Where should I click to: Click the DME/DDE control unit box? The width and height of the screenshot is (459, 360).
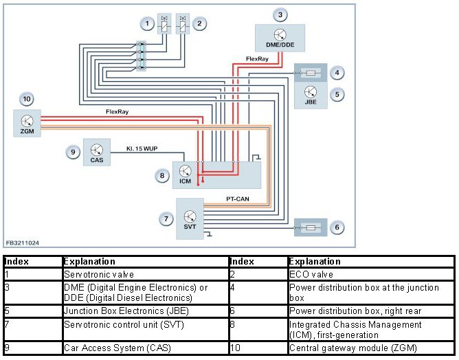tap(280, 38)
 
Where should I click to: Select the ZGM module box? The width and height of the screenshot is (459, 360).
tap(27, 123)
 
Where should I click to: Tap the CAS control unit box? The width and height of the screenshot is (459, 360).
tap(97, 153)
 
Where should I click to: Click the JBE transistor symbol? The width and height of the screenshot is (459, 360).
tap(311, 92)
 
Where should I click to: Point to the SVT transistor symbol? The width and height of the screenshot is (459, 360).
tap(190, 216)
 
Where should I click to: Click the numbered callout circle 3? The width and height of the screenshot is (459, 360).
tap(280, 14)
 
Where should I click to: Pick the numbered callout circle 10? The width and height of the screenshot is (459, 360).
tap(27, 99)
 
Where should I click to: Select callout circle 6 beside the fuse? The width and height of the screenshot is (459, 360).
tap(337, 227)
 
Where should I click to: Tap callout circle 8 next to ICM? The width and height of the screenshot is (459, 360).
tap(162, 176)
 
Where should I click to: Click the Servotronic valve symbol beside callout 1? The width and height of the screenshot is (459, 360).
tap(164, 24)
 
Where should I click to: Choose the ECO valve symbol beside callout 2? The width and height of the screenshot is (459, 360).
tap(183, 24)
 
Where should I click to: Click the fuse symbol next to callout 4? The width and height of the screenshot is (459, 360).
tap(311, 73)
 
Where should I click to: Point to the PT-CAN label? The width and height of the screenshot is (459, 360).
tap(238, 199)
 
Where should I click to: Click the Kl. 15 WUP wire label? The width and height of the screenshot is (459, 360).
tap(142, 148)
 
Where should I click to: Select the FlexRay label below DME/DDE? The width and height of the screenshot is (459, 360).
tap(257, 59)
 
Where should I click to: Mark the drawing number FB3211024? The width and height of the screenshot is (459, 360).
tap(22, 243)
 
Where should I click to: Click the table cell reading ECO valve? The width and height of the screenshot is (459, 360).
tap(371, 274)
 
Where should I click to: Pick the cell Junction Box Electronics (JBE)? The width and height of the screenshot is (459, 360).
tap(146, 311)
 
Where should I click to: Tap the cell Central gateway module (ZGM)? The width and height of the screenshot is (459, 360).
tap(371, 348)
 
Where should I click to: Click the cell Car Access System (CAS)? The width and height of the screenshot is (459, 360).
tap(146, 348)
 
